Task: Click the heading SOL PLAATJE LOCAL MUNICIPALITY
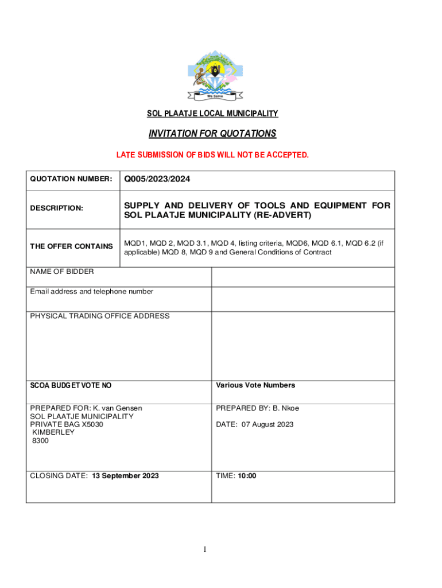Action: [212, 114]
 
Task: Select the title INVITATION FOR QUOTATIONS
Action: [212, 134]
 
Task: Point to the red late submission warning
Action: [212, 155]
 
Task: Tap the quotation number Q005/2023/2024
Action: [157, 180]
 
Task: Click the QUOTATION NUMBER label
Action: [71, 179]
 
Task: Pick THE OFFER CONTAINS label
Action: [71, 246]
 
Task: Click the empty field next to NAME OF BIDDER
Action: [303, 277]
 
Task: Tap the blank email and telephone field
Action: [303, 299]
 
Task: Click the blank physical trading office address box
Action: [303, 346]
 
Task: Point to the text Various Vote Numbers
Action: [255, 385]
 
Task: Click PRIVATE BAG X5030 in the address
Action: [67, 424]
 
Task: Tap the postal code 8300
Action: [41, 440]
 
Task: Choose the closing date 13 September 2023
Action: [125, 475]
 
